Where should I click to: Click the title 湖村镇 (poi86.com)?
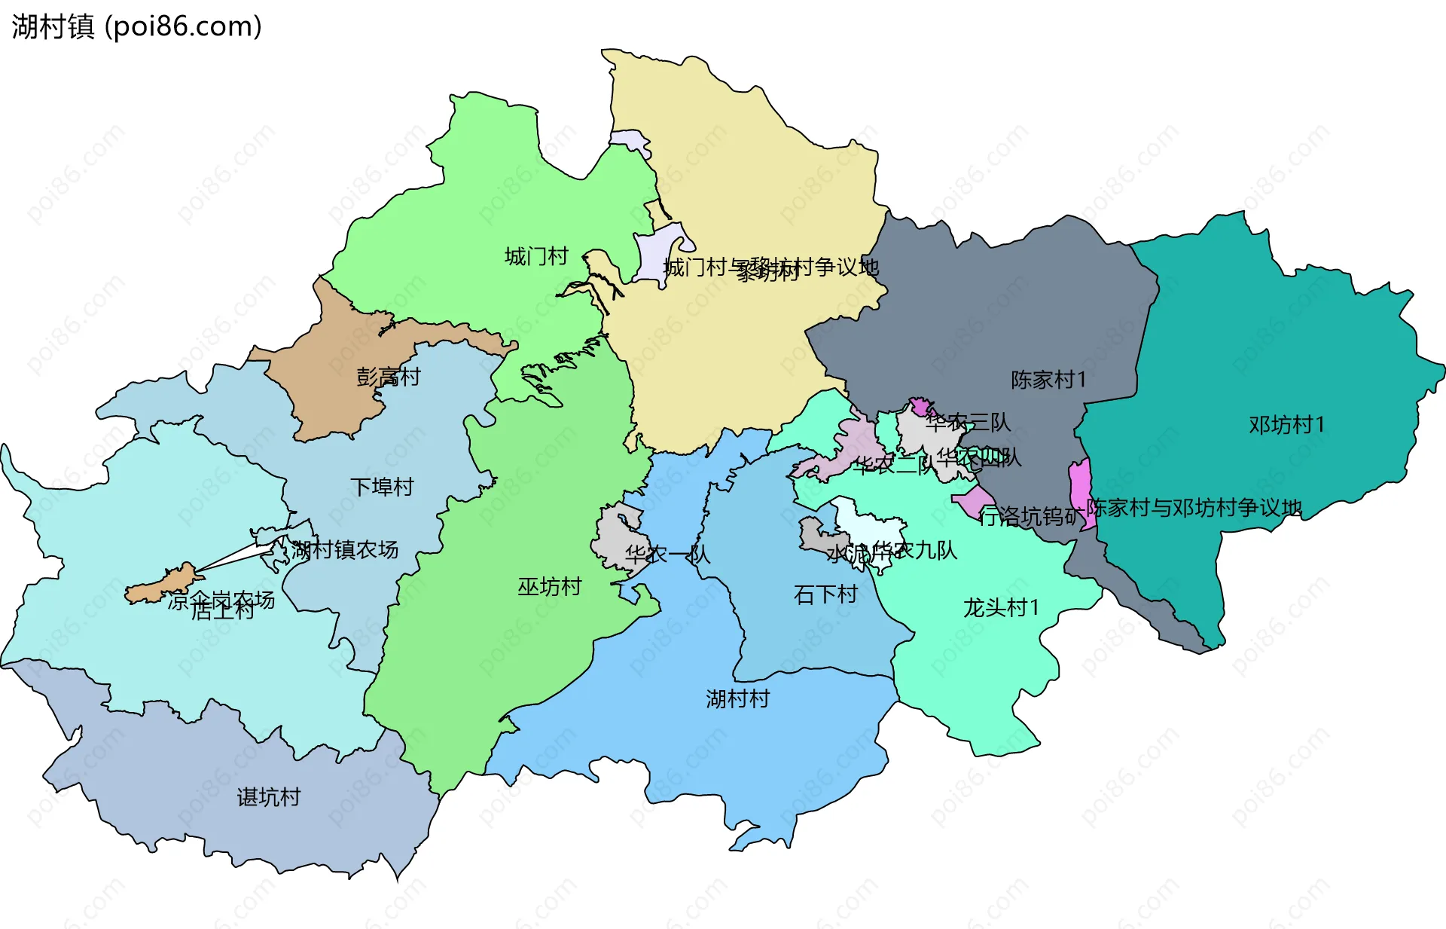click(136, 26)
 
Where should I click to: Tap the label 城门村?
click(536, 256)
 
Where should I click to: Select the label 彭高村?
click(388, 376)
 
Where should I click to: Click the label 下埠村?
click(382, 487)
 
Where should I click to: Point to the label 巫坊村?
click(549, 586)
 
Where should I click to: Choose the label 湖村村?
click(737, 698)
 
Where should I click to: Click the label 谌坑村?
click(269, 796)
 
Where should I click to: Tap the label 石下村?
click(825, 594)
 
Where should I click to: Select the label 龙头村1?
click(1001, 607)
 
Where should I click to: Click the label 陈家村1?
click(1048, 379)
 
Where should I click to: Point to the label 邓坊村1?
click(1286, 425)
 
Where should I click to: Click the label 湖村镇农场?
click(345, 549)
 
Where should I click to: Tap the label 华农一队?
click(667, 555)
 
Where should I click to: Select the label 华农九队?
click(914, 550)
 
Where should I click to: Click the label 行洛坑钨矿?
click(1030, 516)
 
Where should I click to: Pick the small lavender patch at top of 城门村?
click(630, 139)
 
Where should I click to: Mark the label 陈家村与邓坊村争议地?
click(1194, 507)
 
